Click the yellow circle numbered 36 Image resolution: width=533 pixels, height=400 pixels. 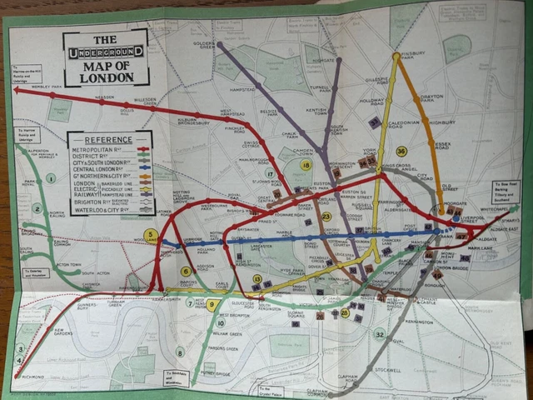pos(401,151)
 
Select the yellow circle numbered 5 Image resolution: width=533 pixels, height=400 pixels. pos(151,236)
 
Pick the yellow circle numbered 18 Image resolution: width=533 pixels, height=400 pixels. pos(306,165)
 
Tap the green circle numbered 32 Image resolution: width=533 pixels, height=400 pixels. pos(380,334)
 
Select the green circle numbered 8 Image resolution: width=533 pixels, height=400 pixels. pos(180,352)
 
